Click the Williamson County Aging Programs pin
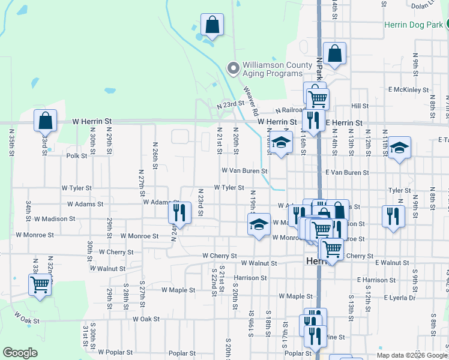pos(233,68)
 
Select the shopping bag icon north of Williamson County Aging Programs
pos(212,25)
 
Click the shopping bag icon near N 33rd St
pos(45,121)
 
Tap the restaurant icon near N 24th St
pos(179,212)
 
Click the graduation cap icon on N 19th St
pos(259,224)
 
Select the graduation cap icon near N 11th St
pos(399,148)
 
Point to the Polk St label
pos(77,155)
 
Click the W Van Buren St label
pos(244,170)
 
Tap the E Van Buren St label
pos(347,172)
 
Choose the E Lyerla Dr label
pos(395,297)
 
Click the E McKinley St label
pos(408,90)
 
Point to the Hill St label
pos(360,106)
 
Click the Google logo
pos(20,353)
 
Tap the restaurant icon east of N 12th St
pos(392,217)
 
